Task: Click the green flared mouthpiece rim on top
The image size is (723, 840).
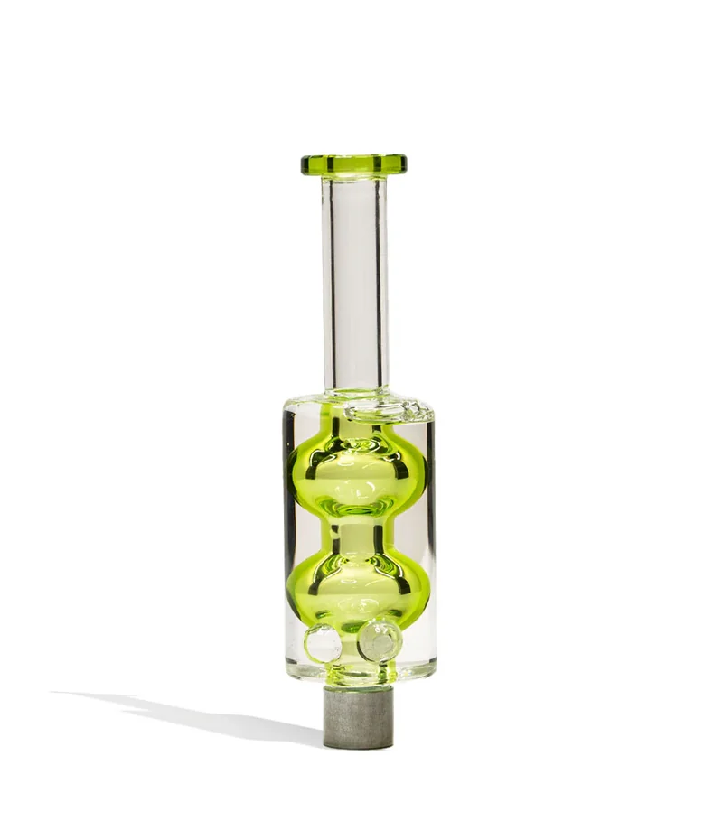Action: click(x=353, y=164)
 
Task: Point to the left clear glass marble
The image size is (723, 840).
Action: click(x=323, y=642)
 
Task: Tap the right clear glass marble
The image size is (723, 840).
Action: click(x=380, y=640)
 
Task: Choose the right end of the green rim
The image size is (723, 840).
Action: click(x=403, y=164)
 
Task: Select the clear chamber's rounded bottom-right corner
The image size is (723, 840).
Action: click(x=428, y=673)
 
